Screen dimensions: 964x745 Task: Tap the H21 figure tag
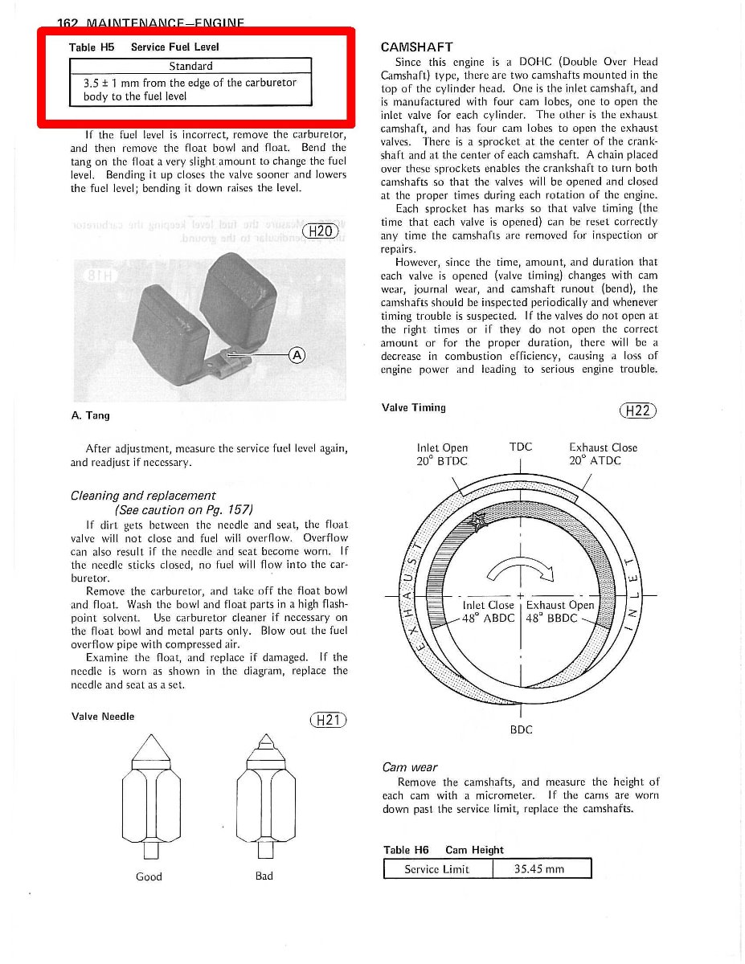click(x=328, y=720)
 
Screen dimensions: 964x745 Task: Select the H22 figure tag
click(x=639, y=411)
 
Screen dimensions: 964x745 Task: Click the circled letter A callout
click(x=297, y=355)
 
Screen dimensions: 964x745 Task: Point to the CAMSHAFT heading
click(x=416, y=47)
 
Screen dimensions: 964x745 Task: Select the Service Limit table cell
click(x=436, y=869)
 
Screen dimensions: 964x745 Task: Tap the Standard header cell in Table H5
click(x=190, y=66)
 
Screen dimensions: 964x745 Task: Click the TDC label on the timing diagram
click(x=521, y=447)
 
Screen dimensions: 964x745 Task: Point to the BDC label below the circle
click(x=522, y=730)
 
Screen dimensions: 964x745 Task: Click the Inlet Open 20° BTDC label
click(x=442, y=454)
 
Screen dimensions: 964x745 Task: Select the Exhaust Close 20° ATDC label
click(x=603, y=454)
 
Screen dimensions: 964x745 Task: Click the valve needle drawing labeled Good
click(x=149, y=795)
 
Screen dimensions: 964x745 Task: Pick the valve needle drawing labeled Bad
click(x=264, y=795)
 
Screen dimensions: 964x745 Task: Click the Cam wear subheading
click(x=410, y=767)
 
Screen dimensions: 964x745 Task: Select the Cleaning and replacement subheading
click(x=143, y=496)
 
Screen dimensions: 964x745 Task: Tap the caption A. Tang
click(x=90, y=415)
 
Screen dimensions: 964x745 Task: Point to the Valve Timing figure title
click(x=413, y=407)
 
